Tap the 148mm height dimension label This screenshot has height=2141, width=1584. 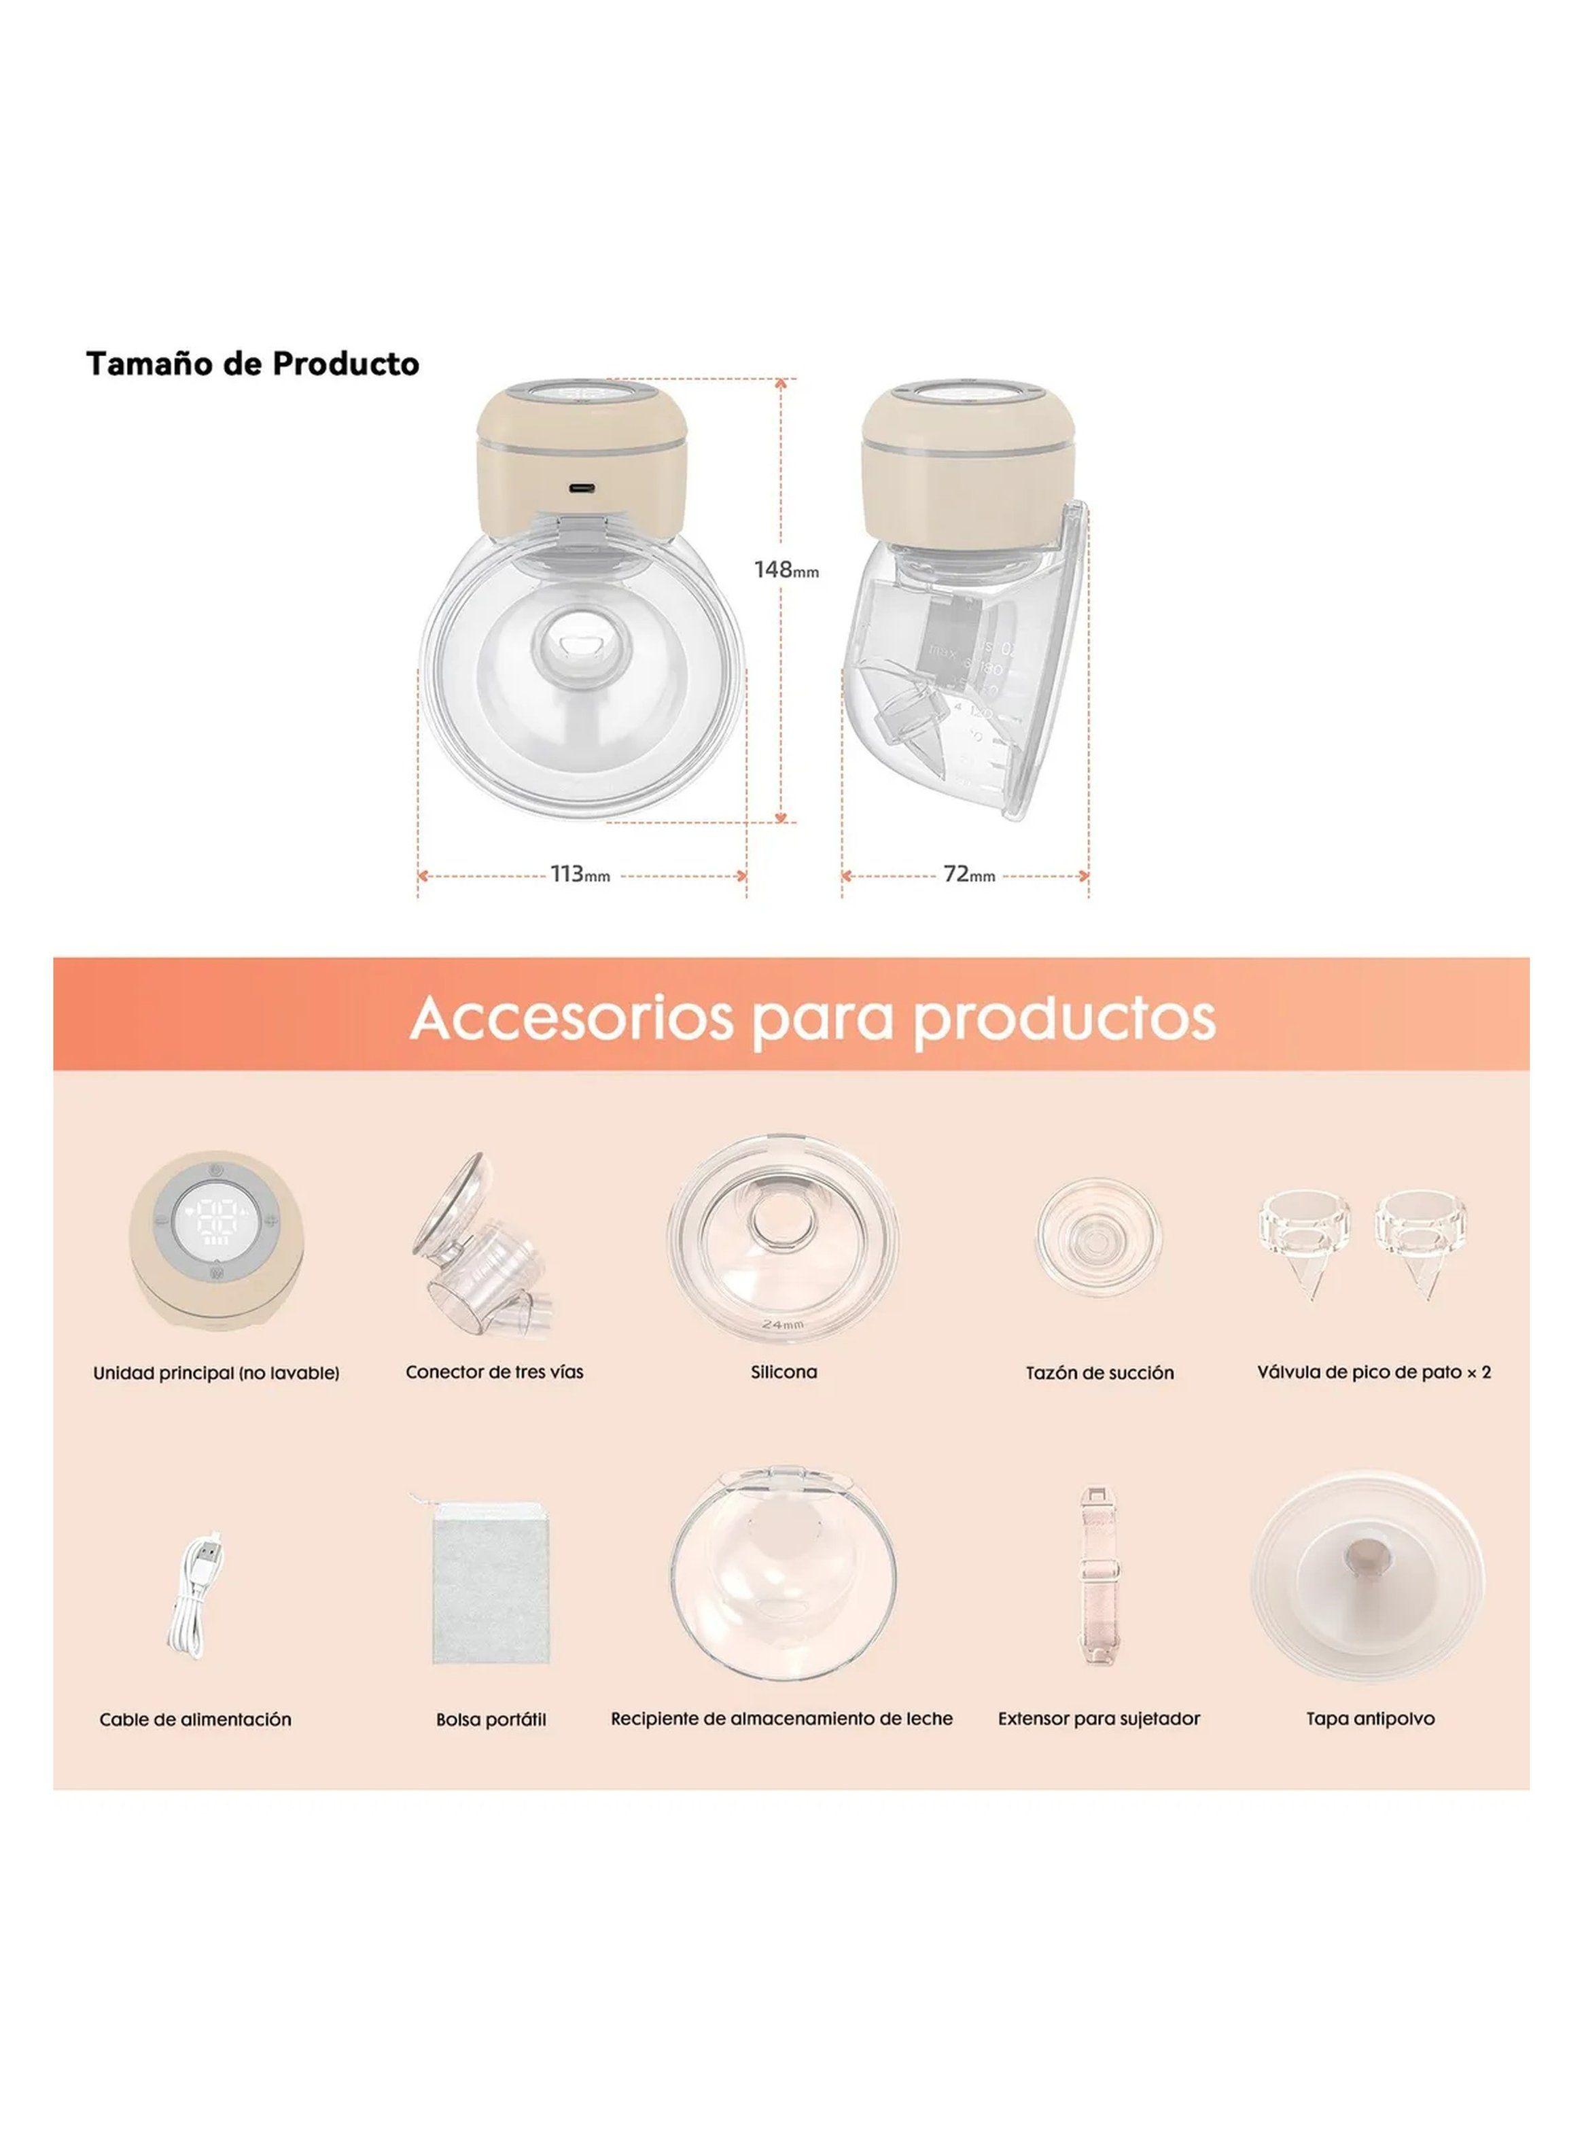786,570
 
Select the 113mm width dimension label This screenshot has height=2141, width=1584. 580,875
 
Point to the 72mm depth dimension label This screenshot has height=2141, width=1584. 968,875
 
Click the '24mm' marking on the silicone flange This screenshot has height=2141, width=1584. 782,1323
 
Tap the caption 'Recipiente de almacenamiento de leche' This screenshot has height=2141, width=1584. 781,1719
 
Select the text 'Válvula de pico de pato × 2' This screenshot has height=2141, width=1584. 1373,1372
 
